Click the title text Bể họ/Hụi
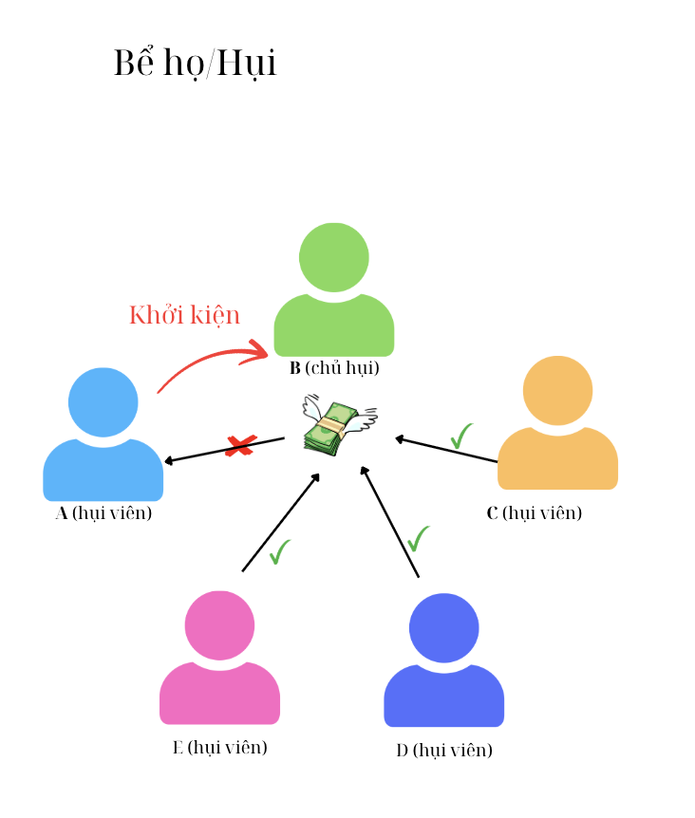pos(195,64)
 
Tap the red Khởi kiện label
pos(184,315)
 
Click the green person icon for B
pos(334,289)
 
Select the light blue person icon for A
pos(103,435)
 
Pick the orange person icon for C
pos(557,423)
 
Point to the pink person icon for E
pos(219,658)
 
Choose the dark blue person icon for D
pos(443,660)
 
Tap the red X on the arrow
pos(240,445)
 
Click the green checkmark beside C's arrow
pos(462,436)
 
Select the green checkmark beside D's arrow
pos(418,538)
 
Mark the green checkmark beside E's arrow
pos(279,551)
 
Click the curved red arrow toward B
pos(211,365)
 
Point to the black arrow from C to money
pos(446,450)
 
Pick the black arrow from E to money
pos(280,523)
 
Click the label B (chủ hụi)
pos(334,368)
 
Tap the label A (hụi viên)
pos(103,513)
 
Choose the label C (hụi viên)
pos(534,513)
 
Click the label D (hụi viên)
pos(444,751)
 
